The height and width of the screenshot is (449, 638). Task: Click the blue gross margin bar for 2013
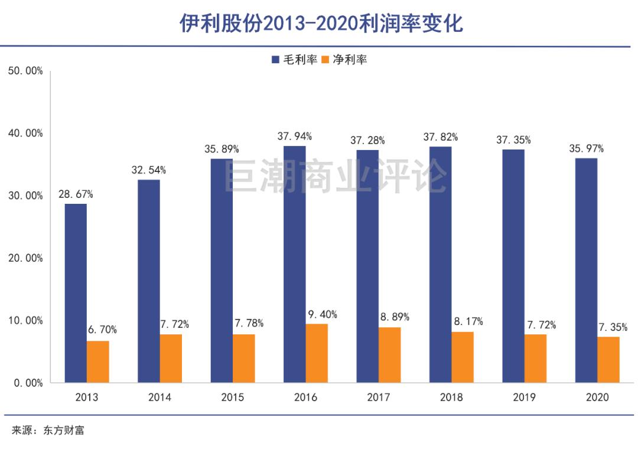[76, 293]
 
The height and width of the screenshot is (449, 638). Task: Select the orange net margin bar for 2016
[317, 353]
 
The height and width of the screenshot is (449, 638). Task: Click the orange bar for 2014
[171, 358]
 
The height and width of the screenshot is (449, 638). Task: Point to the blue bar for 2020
[586, 270]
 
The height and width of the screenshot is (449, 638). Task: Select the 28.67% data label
[75, 194]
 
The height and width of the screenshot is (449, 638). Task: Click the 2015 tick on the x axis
[232, 397]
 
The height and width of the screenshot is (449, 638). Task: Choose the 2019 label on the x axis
[524, 397]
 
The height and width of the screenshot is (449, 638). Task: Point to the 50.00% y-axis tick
[25, 71]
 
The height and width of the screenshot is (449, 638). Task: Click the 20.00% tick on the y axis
[25, 258]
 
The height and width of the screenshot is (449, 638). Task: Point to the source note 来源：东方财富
[48, 430]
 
